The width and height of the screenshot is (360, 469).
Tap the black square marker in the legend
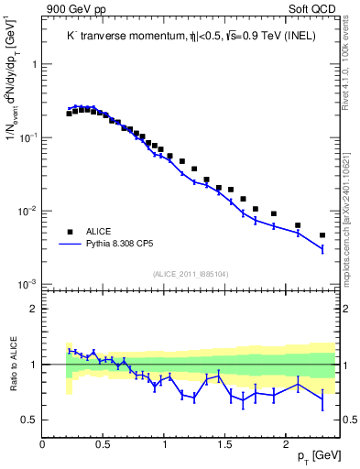(69, 232)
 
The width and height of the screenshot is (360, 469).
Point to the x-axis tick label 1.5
(224, 444)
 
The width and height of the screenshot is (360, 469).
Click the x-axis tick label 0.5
(103, 444)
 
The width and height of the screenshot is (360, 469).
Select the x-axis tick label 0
(43, 444)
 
